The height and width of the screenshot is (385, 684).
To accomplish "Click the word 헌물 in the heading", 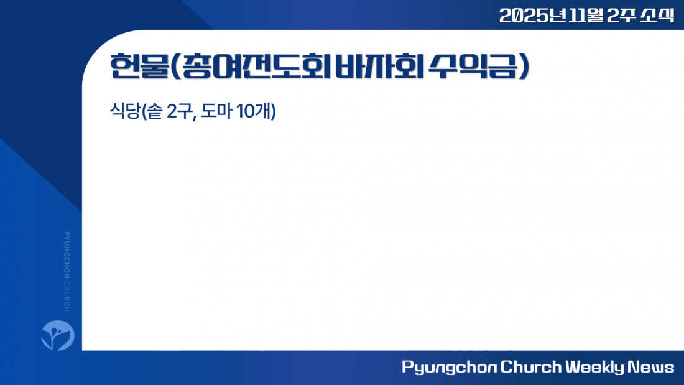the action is tap(139, 67).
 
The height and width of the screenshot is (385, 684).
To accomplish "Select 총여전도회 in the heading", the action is tap(256, 67).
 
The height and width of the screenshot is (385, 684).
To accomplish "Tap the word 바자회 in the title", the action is tap(379, 67).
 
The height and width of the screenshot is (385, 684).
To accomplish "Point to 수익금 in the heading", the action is tap(473, 67).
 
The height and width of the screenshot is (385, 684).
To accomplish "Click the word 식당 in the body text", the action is tap(125, 111).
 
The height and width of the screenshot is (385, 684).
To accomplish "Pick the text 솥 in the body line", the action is tap(155, 111).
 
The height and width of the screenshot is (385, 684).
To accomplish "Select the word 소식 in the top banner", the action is tap(657, 16).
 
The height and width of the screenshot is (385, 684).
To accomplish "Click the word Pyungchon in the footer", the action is tap(449, 367).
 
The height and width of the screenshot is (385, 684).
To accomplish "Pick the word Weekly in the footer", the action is tap(595, 367).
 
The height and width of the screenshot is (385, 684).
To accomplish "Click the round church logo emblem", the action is tap(58, 335).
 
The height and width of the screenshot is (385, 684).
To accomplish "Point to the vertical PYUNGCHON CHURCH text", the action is tap(67, 272).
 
